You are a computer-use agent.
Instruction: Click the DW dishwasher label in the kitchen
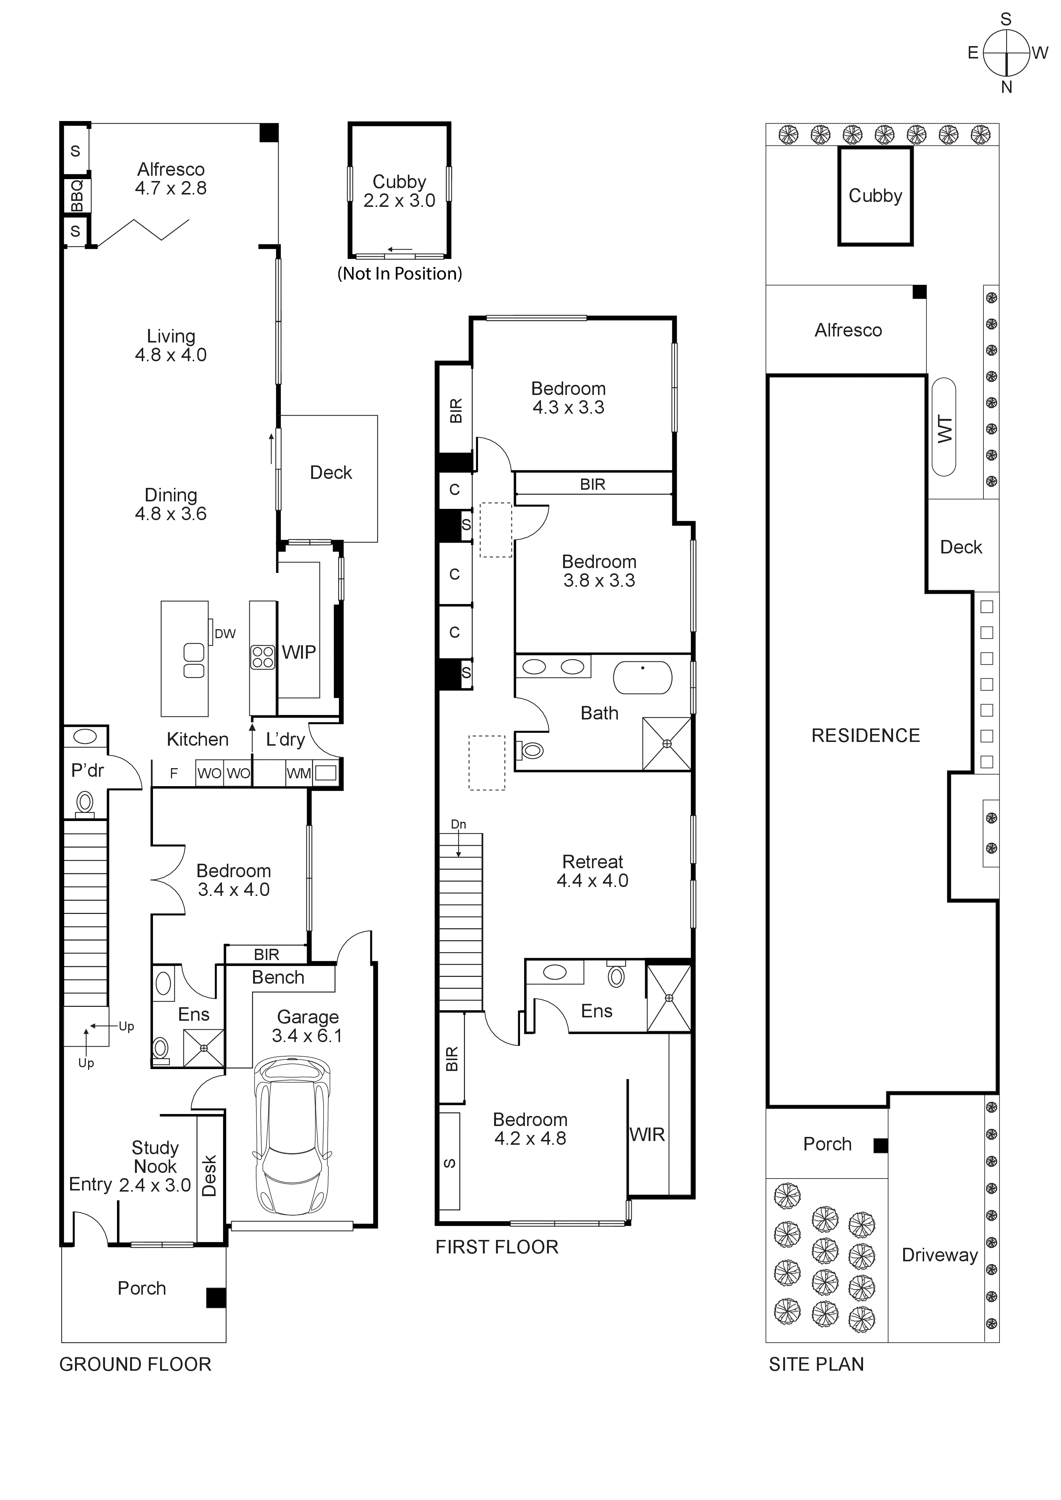[225, 633]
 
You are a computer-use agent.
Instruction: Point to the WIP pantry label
[299, 652]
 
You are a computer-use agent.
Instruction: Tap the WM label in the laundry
[299, 773]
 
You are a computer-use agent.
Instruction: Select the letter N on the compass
[1006, 87]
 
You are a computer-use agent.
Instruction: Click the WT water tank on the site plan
[944, 429]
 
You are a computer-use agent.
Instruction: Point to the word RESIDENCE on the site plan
[865, 736]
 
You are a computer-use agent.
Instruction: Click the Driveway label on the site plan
[940, 1255]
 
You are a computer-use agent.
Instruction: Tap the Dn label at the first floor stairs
[458, 824]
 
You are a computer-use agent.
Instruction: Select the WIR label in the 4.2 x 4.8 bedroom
[647, 1135]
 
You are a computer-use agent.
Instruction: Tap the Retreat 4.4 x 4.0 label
[592, 871]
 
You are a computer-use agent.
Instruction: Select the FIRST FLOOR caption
[497, 1247]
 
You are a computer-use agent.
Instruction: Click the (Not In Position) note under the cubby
[399, 274]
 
